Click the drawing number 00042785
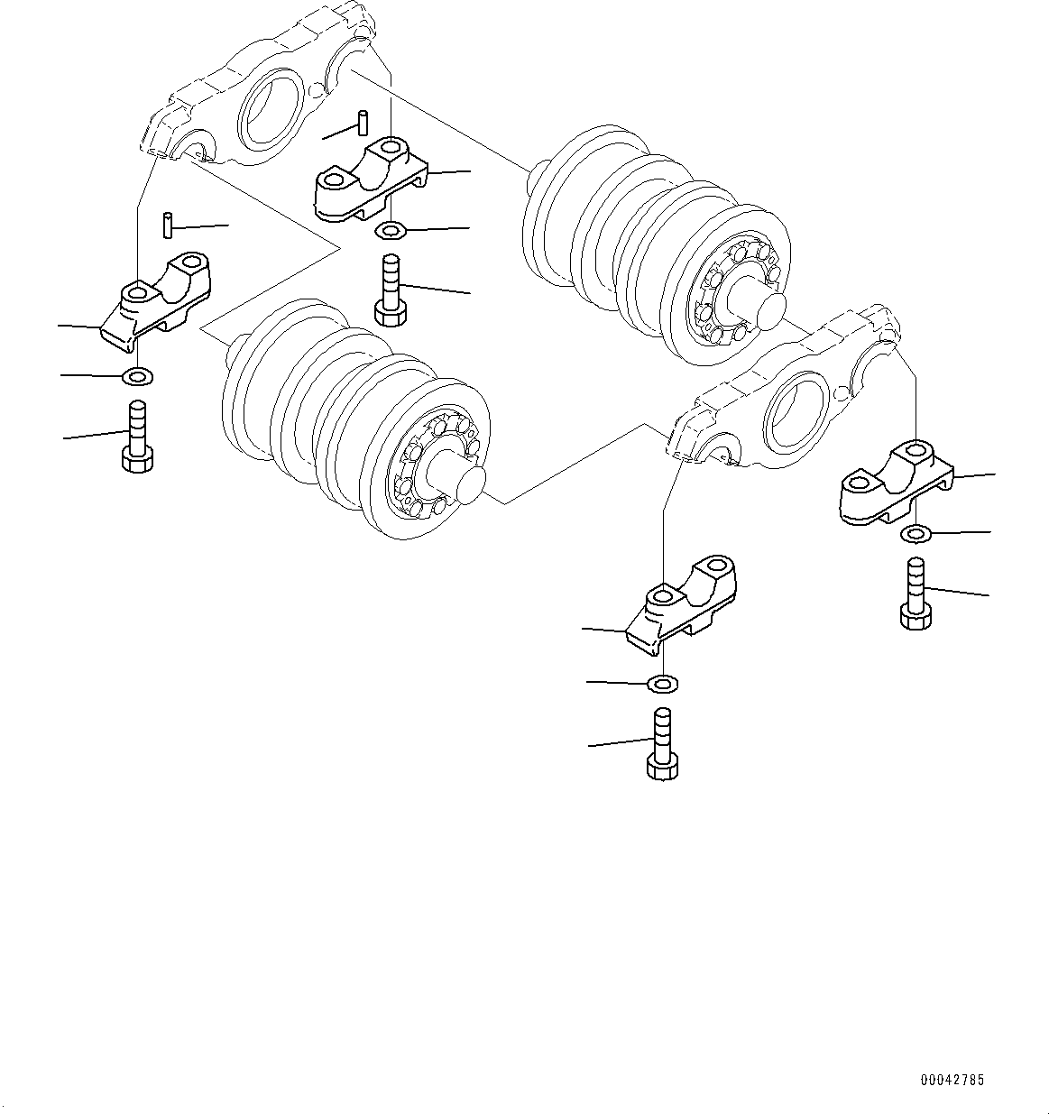(x=952, y=1080)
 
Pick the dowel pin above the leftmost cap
(x=168, y=225)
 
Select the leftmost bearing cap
(x=155, y=302)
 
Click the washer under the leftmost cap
(x=138, y=375)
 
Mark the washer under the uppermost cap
(x=391, y=233)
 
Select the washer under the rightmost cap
(x=916, y=535)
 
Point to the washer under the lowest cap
(x=663, y=684)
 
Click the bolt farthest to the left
(x=136, y=437)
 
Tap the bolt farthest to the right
(x=915, y=594)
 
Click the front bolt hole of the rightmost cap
(x=857, y=483)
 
